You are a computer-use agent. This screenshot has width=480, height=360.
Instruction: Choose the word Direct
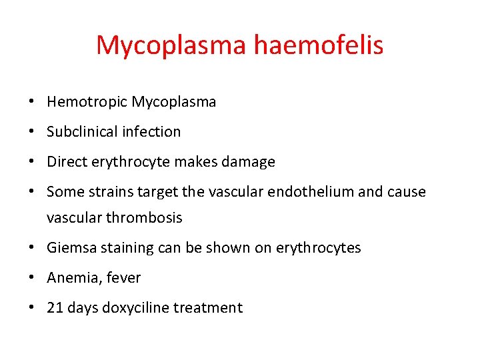[66, 162]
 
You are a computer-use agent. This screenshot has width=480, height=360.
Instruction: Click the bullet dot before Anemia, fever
[32, 279]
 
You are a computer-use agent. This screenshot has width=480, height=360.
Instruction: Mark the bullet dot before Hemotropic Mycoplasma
[32, 103]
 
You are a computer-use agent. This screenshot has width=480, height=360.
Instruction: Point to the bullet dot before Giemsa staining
[32, 249]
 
